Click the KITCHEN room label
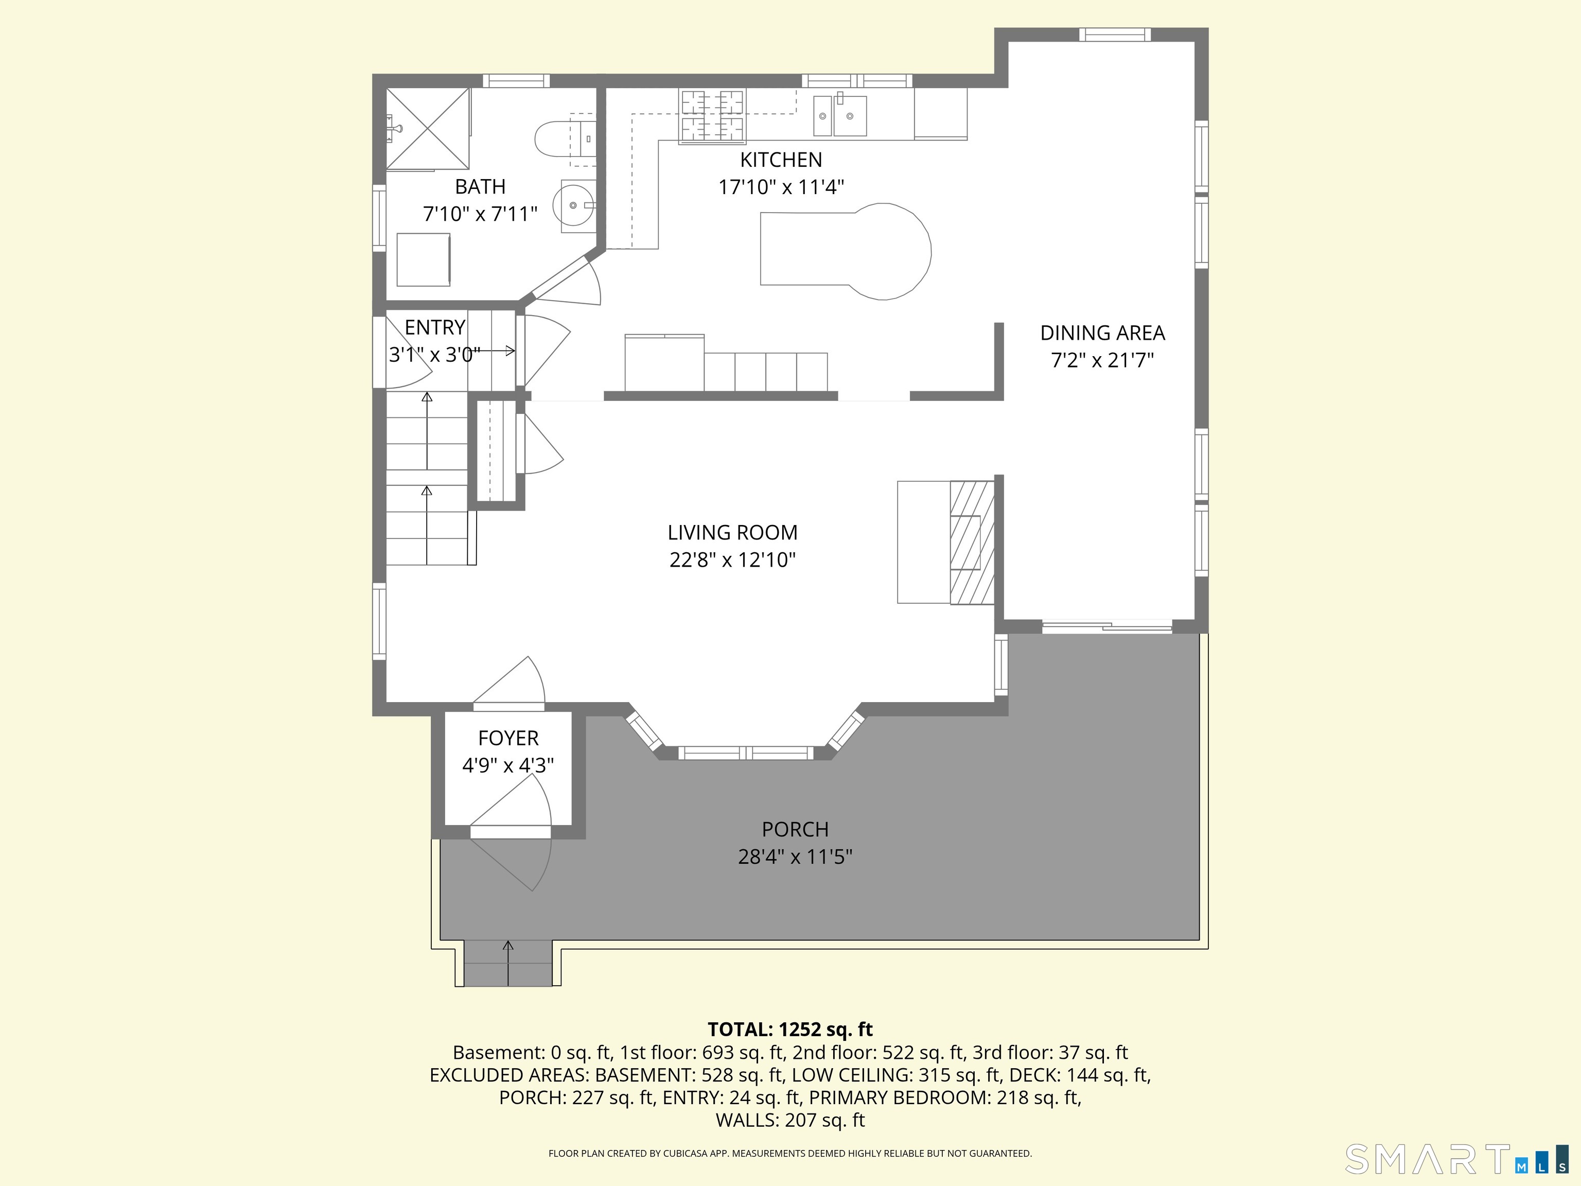click(x=781, y=160)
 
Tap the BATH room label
click(x=480, y=186)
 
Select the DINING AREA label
click(x=1102, y=333)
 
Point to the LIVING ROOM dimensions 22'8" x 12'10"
click(x=733, y=560)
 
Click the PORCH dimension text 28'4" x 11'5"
click(x=795, y=857)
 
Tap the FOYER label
click(x=508, y=738)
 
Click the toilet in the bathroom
click(x=565, y=138)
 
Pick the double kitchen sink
click(x=840, y=116)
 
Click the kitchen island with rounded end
click(x=846, y=251)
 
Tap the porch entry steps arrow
click(x=508, y=963)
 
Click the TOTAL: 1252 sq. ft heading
click(x=790, y=1030)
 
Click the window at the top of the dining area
click(x=1115, y=34)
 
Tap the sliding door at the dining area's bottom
click(x=1107, y=627)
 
